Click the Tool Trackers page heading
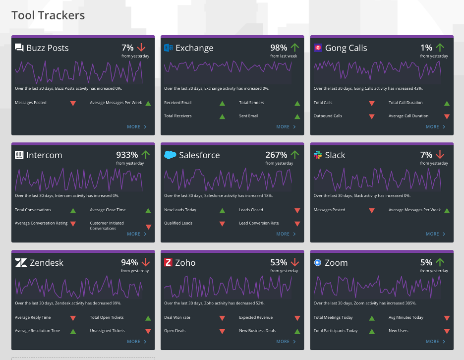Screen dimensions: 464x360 pos(48,15)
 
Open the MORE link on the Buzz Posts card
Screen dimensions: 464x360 pos(137,127)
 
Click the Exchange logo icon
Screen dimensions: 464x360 pos(169,48)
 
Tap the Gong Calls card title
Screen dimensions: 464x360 pos(346,48)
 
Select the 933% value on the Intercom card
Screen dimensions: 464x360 pos(127,155)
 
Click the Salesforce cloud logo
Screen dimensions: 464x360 pos(170,155)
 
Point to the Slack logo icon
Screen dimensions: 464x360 pos(318,155)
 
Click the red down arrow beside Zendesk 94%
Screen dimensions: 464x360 pos(146,262)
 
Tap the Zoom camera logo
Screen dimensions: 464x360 pos(318,263)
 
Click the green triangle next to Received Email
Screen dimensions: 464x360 pos(222,103)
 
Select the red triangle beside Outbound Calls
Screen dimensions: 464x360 pos(372,117)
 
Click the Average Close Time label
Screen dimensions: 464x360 pos(108,210)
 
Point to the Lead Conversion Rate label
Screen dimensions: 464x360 pos(259,223)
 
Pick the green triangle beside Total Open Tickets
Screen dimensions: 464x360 pos(148,318)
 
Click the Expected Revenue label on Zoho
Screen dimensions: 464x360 pos(256,317)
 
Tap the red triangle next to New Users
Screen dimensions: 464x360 pos(447,332)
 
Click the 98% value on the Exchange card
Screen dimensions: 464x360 pos(279,48)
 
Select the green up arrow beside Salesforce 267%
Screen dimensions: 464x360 pos(295,155)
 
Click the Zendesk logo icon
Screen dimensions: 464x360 pos(21,263)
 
